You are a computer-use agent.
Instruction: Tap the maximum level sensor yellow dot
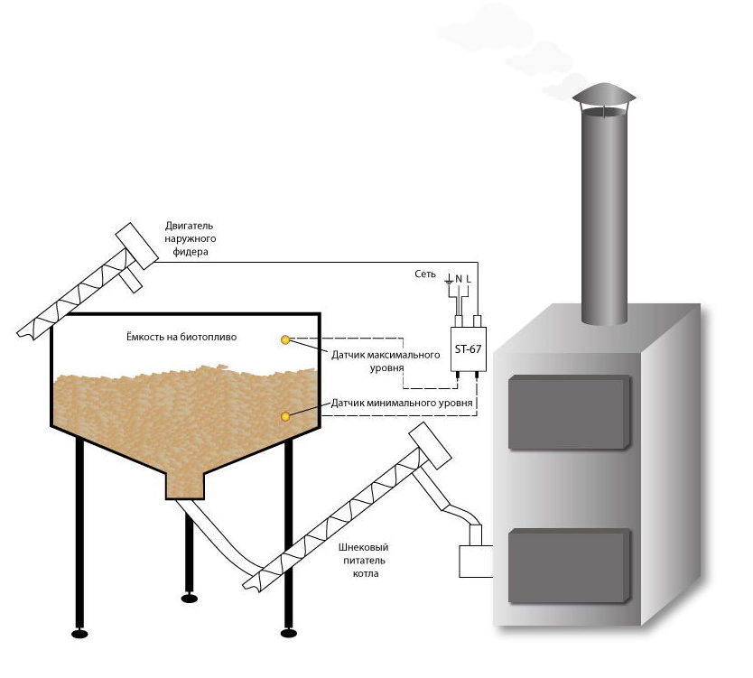286,339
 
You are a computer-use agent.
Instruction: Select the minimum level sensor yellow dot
286,416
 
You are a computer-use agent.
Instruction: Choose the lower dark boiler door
569,565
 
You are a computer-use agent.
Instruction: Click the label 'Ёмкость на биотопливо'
181,337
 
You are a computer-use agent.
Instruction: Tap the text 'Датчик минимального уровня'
403,402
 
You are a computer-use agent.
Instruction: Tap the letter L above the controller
469,279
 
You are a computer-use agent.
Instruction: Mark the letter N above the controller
459,279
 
